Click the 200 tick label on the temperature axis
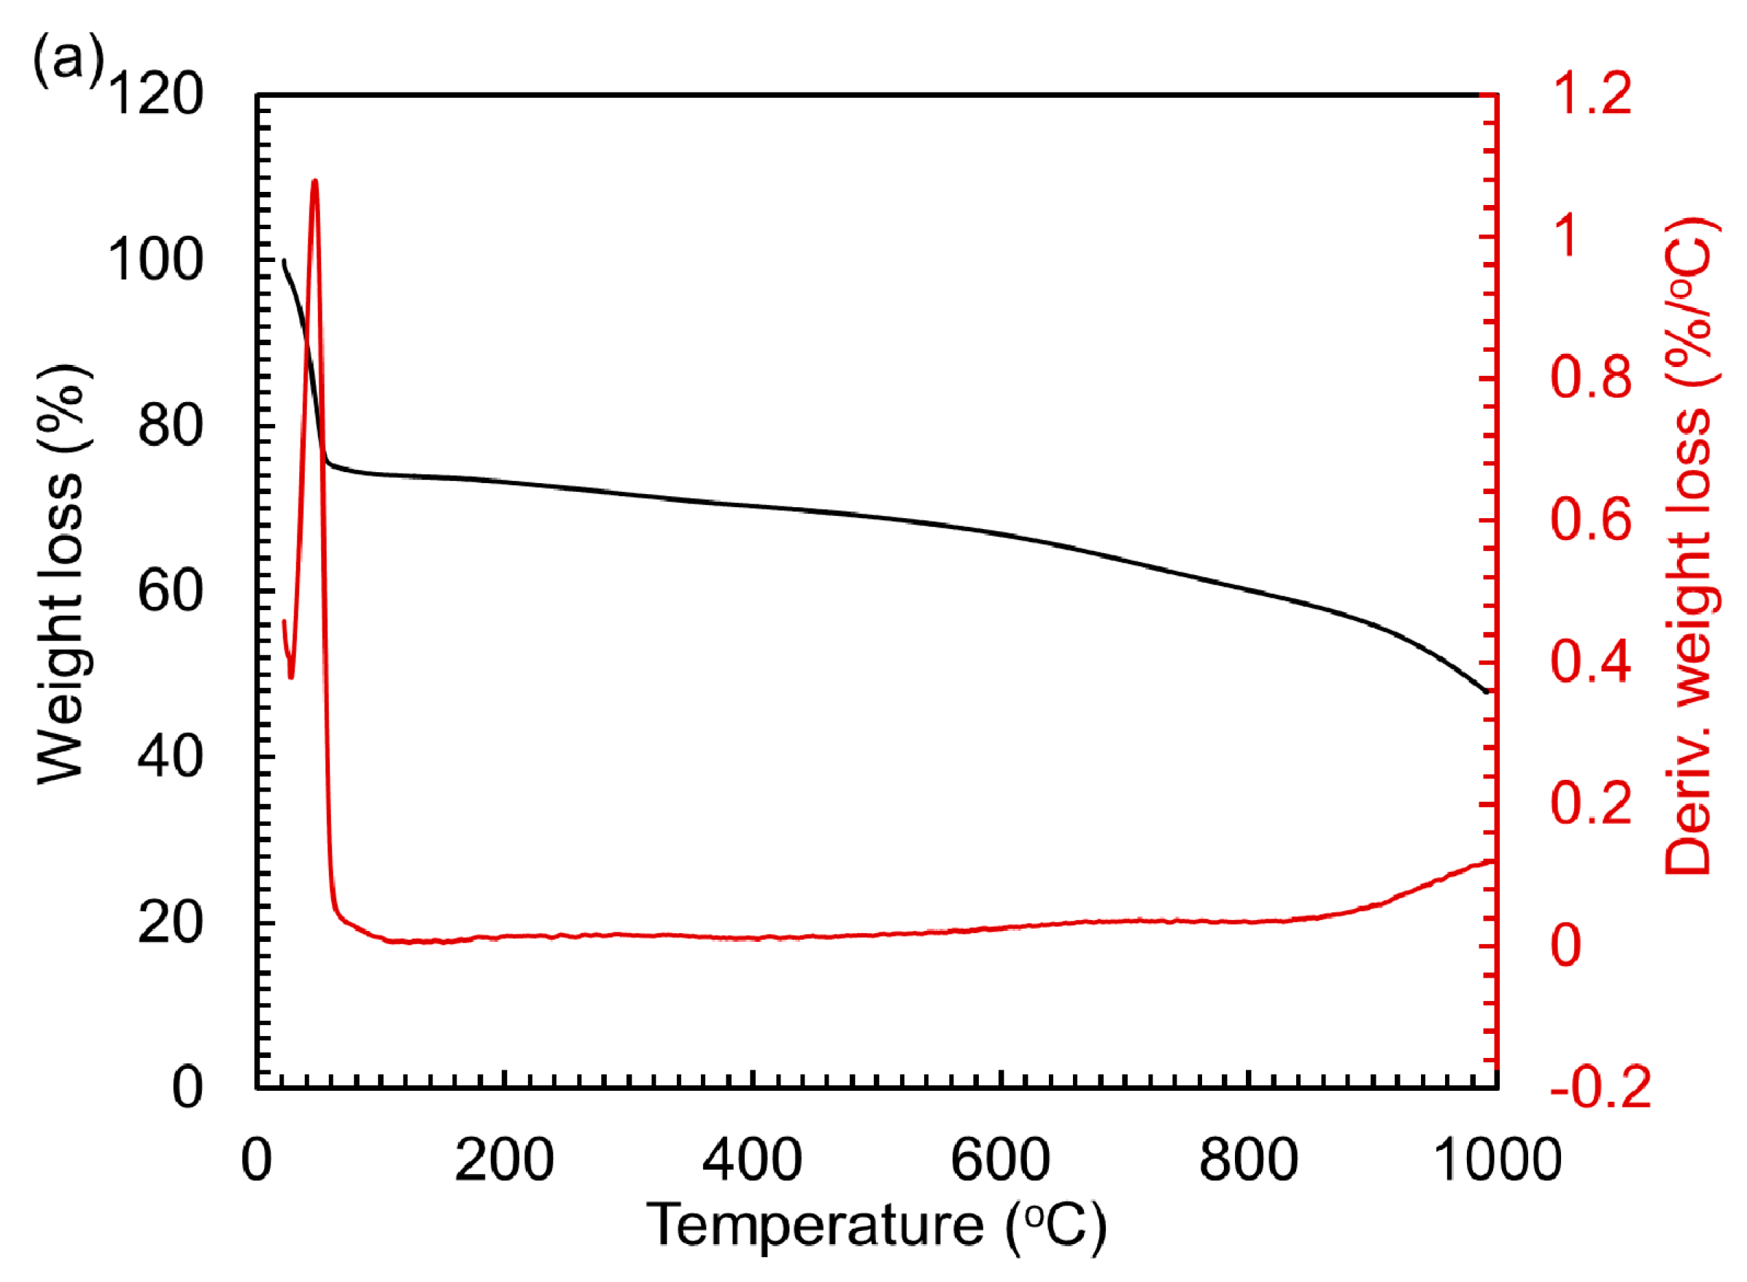click(504, 1160)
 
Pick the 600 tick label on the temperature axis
click(1001, 1160)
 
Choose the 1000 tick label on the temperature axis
click(1496, 1160)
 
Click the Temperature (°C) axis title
click(877, 1226)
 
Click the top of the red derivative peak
click(314, 181)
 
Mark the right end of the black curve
click(1487, 692)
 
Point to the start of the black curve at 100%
click(284, 260)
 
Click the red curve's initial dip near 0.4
click(292, 676)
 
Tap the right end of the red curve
click(1491, 860)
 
